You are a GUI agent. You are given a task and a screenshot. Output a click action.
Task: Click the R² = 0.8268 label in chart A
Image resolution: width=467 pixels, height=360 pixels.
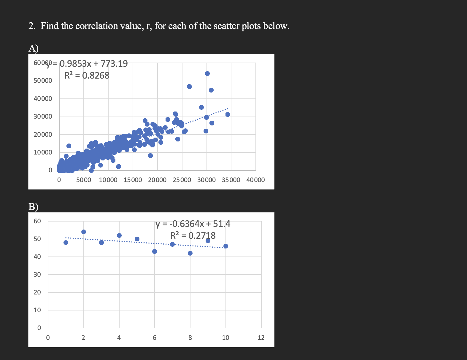coord(87,76)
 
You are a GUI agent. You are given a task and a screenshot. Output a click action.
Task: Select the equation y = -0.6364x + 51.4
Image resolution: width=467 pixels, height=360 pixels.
coord(193,224)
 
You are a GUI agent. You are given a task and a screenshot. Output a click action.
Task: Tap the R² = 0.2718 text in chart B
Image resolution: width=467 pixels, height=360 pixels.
coord(193,235)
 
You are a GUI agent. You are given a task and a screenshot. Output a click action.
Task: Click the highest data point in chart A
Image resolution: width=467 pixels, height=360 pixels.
coord(207,74)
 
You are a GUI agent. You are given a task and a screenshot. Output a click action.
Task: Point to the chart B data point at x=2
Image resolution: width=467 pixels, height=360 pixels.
coord(84,232)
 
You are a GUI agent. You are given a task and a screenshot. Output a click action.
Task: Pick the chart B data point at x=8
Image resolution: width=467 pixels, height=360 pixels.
coord(190,253)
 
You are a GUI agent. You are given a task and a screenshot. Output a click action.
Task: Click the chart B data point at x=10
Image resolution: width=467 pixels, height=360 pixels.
coord(226,246)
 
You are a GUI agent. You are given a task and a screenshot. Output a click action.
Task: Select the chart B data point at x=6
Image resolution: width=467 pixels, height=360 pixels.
coord(155,251)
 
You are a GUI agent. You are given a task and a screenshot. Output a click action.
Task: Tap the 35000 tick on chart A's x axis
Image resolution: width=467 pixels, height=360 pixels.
coord(231,180)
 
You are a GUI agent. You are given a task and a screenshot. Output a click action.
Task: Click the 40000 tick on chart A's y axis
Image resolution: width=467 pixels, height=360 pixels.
coord(43,98)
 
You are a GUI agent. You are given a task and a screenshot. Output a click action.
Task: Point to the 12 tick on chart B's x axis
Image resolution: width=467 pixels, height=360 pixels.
coord(261,338)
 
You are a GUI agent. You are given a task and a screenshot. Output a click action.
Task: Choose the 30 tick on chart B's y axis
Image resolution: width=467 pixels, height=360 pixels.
coord(37,275)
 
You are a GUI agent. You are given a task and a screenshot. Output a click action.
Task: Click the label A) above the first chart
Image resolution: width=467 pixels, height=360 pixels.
coord(34,48)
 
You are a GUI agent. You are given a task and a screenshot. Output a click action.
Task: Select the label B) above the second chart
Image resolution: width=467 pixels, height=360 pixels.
coord(33,206)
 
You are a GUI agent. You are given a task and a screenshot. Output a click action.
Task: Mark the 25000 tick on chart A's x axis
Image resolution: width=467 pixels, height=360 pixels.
coord(182,180)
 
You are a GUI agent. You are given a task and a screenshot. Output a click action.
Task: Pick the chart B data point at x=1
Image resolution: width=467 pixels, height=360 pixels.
coord(66,243)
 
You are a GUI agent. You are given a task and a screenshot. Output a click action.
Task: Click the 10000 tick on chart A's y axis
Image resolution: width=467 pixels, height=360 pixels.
coord(43,152)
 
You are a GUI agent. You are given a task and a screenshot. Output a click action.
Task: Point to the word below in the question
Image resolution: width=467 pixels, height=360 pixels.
coord(275,26)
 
